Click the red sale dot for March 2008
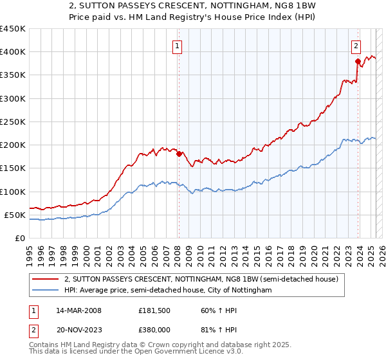pos(179,154)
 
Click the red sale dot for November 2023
pos(357,61)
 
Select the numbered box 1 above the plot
pos(176,46)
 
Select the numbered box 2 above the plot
pos(355,46)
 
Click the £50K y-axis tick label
pos(15,215)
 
